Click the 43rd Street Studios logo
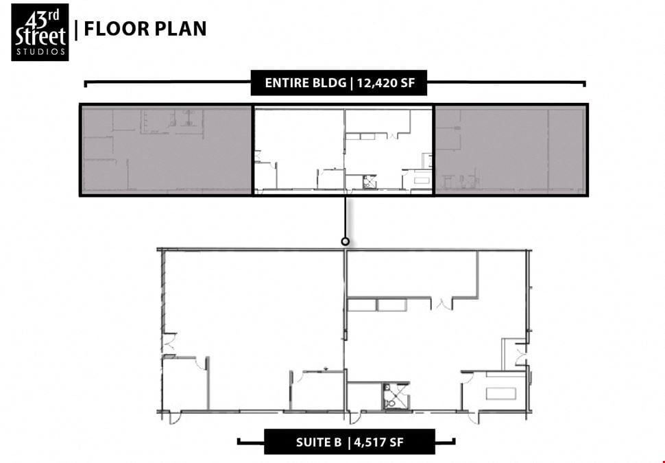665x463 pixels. coord(40,32)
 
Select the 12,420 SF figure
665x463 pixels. coord(385,83)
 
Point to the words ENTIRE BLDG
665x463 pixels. coord(305,83)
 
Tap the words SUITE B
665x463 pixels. coord(319,442)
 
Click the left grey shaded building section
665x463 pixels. coord(167,150)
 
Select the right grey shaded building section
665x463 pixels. coord(511,150)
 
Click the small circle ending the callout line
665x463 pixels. coord(346,241)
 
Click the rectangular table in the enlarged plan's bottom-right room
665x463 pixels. coord(501,394)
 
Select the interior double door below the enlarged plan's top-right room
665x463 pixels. coord(442,304)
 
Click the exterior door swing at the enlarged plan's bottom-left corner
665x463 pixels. coord(175,418)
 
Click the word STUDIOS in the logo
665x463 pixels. coord(40,52)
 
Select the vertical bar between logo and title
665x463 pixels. coord(76,29)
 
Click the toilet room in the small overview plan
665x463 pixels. coord(370,182)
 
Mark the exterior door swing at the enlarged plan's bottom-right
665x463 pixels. coord(472,418)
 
